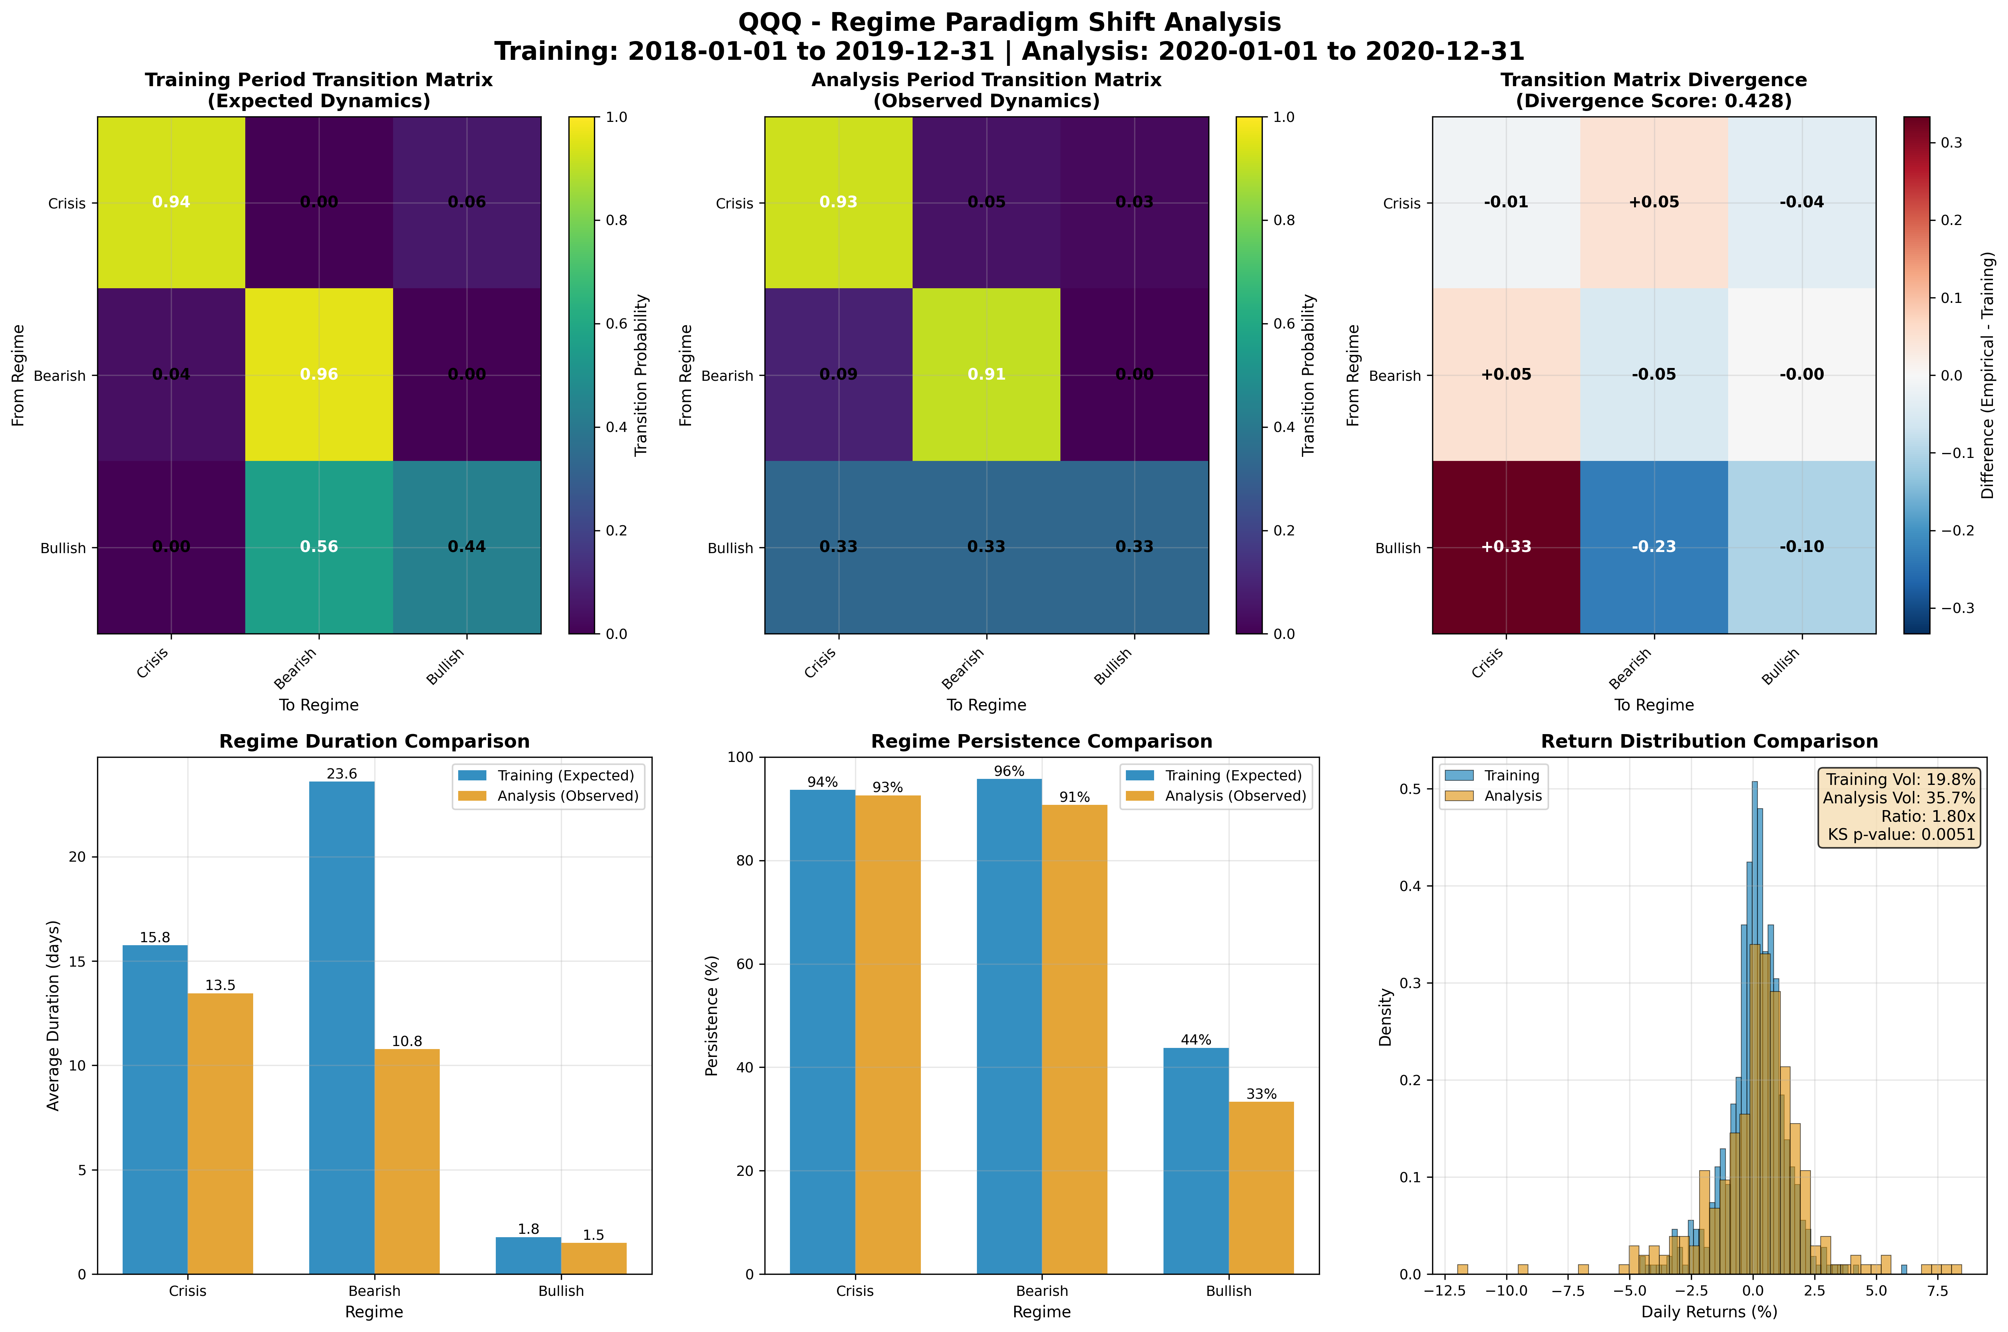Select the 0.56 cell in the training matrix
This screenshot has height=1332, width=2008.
point(319,546)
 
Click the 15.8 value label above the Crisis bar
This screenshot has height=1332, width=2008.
point(155,938)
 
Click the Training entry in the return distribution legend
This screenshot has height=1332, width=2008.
point(1511,775)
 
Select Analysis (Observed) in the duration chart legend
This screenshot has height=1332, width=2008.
point(567,796)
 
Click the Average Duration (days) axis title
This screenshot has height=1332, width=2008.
point(53,1015)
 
